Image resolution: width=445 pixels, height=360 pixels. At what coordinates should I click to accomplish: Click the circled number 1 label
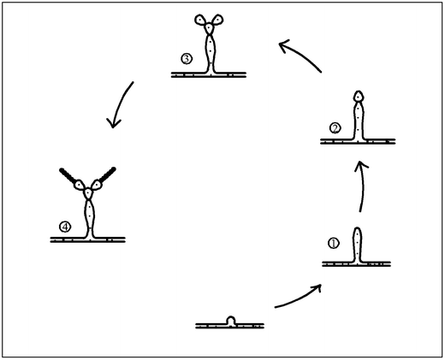tap(334, 244)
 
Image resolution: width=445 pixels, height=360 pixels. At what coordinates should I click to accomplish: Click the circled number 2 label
tap(335, 128)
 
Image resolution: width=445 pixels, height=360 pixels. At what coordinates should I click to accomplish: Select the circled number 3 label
tap(187, 59)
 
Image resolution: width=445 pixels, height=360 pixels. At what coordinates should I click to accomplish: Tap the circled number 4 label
tap(65, 227)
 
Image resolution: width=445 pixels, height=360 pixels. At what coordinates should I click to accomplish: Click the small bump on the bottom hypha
tap(231, 320)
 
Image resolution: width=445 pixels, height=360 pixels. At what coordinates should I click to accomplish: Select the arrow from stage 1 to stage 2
tap(362, 186)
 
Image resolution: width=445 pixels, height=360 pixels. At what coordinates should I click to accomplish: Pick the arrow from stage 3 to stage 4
tap(122, 103)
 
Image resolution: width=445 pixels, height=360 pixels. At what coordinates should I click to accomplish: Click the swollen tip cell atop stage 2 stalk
tap(359, 97)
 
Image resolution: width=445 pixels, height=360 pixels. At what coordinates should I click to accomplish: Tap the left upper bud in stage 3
tap(200, 20)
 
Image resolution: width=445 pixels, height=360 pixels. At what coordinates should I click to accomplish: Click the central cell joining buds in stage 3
tap(210, 28)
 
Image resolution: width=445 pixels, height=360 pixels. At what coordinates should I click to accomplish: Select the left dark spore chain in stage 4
tap(68, 176)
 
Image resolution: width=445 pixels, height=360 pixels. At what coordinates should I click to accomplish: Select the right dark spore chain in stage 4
tap(107, 174)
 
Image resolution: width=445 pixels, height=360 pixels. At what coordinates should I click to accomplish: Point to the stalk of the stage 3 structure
tap(211, 53)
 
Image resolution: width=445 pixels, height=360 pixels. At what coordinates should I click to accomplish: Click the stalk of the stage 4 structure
tap(89, 218)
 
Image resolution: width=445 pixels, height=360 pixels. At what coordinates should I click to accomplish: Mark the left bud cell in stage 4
tap(80, 185)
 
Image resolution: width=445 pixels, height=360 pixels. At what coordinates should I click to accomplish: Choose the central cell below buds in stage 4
tap(88, 194)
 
